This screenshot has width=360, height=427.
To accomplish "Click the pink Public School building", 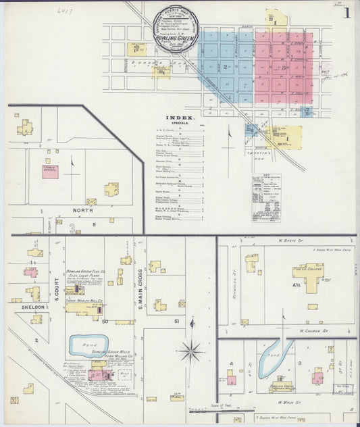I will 51,172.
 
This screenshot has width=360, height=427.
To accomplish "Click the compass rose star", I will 192,351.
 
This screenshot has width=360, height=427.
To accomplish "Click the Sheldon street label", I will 29,307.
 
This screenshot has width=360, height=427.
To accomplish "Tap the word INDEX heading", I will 183,118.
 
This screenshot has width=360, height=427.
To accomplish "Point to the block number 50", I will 105,322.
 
